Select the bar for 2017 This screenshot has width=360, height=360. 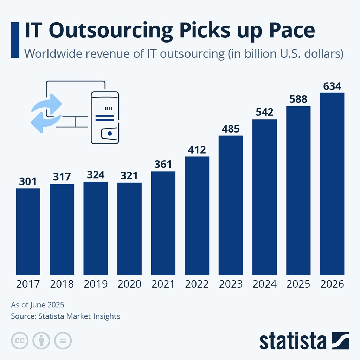coord(28,232)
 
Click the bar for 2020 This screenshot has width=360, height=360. coord(129,229)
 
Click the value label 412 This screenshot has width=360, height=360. coord(197,150)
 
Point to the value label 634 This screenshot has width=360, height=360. coord(332,86)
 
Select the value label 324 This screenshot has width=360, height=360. coord(96,175)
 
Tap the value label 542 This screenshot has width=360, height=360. coord(264,112)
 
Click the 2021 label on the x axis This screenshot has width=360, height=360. coord(163,284)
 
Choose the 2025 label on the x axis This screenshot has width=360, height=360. coord(298,284)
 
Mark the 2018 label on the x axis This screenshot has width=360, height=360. coord(62,284)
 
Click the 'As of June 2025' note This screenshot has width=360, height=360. coord(38,304)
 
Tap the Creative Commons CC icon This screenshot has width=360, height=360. coord(20,340)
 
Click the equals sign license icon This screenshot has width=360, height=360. coord(63,340)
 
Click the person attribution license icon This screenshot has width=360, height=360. coord(41,340)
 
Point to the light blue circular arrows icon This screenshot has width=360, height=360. coord(46,112)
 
